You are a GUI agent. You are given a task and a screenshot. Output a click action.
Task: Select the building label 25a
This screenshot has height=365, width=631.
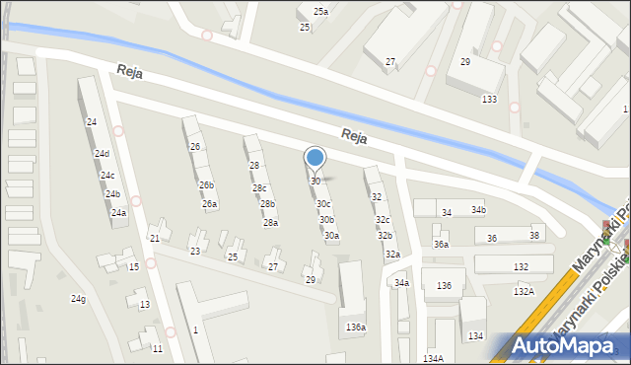click(x=320, y=11)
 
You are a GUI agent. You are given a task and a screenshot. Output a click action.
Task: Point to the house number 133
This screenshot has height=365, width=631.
click(x=489, y=100)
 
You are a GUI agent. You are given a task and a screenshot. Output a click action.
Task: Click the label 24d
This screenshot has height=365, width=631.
click(x=102, y=154)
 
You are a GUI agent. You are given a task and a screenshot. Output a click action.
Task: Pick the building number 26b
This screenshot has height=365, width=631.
click(x=206, y=185)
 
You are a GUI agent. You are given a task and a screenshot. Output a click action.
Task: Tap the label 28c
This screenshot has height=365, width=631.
click(x=259, y=188)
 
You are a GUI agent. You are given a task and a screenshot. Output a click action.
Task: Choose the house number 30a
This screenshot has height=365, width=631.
click(x=332, y=236)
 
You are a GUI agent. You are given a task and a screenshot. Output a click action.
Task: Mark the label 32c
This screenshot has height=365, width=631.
click(x=383, y=220)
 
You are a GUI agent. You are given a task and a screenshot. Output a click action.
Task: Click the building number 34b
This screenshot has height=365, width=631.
click(x=478, y=210)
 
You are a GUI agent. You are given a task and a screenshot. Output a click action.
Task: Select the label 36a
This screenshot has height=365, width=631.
click(x=441, y=245)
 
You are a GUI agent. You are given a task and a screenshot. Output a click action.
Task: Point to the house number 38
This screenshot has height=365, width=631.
click(x=534, y=235)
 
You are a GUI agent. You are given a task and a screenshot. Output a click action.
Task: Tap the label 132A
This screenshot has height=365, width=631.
click(x=524, y=291)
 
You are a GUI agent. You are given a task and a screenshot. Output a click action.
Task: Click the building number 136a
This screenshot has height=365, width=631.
click(x=356, y=328)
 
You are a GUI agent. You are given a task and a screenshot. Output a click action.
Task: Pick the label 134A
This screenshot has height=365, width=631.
click(x=433, y=358)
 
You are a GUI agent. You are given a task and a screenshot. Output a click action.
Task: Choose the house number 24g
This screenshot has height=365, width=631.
click(x=78, y=299)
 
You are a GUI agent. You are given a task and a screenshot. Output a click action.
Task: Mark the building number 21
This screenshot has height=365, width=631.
click(x=155, y=239)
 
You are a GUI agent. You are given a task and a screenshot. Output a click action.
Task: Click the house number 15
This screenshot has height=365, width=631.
click(x=133, y=267)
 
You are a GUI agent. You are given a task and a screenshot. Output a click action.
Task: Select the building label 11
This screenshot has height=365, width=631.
click(x=157, y=349)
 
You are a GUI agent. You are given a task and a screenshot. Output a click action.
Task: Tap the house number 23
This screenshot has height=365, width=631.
click(x=195, y=252)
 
